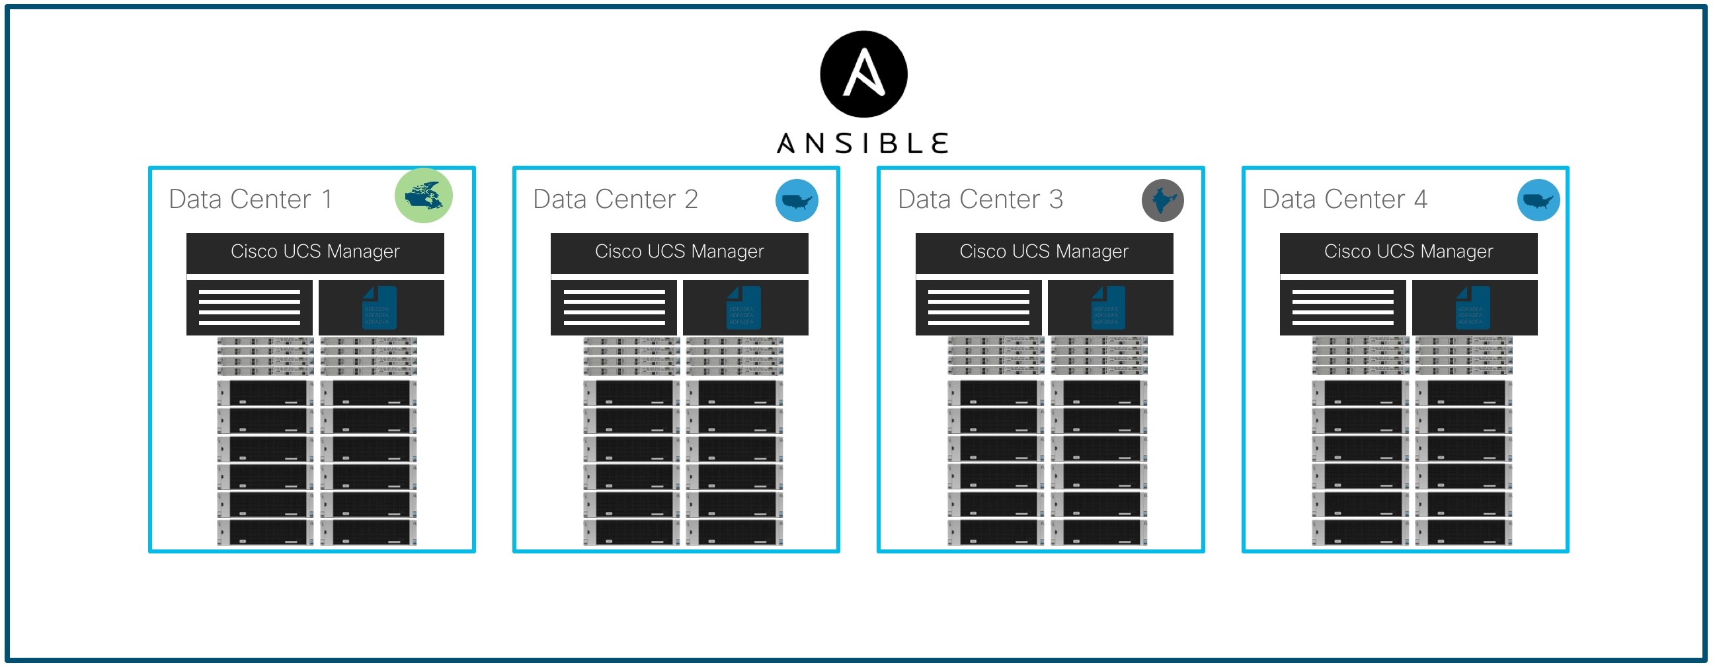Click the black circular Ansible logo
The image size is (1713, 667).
pyautogui.click(x=863, y=74)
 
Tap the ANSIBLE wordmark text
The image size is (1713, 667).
pyautogui.click(x=863, y=143)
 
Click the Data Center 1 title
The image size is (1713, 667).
pyautogui.click(x=250, y=199)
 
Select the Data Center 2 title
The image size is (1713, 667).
pyautogui.click(x=615, y=199)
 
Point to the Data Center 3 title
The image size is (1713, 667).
pyautogui.click(x=980, y=199)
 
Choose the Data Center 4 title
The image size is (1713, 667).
pyautogui.click(x=1345, y=199)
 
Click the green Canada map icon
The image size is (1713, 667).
pyautogui.click(x=424, y=196)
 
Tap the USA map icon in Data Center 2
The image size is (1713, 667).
pyautogui.click(x=797, y=200)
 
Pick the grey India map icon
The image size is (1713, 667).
pyautogui.click(x=1162, y=200)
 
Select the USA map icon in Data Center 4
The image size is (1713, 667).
pyautogui.click(x=1538, y=200)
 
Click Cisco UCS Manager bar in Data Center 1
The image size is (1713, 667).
pyautogui.click(x=315, y=252)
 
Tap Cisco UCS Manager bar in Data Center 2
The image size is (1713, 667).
pyautogui.click(x=680, y=252)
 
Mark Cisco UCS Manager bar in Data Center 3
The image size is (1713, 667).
pyautogui.click(x=1044, y=252)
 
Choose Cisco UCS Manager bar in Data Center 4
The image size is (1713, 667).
pyautogui.click(x=1408, y=252)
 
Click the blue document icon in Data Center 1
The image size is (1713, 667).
pyautogui.click(x=379, y=308)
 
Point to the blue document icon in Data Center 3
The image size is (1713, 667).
pyautogui.click(x=1108, y=308)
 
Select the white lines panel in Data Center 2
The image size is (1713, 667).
pyautogui.click(x=614, y=308)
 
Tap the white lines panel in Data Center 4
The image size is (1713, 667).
pyautogui.click(x=1343, y=308)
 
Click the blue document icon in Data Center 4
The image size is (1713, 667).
pyautogui.click(x=1472, y=308)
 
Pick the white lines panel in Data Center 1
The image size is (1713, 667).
pyautogui.click(x=249, y=308)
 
